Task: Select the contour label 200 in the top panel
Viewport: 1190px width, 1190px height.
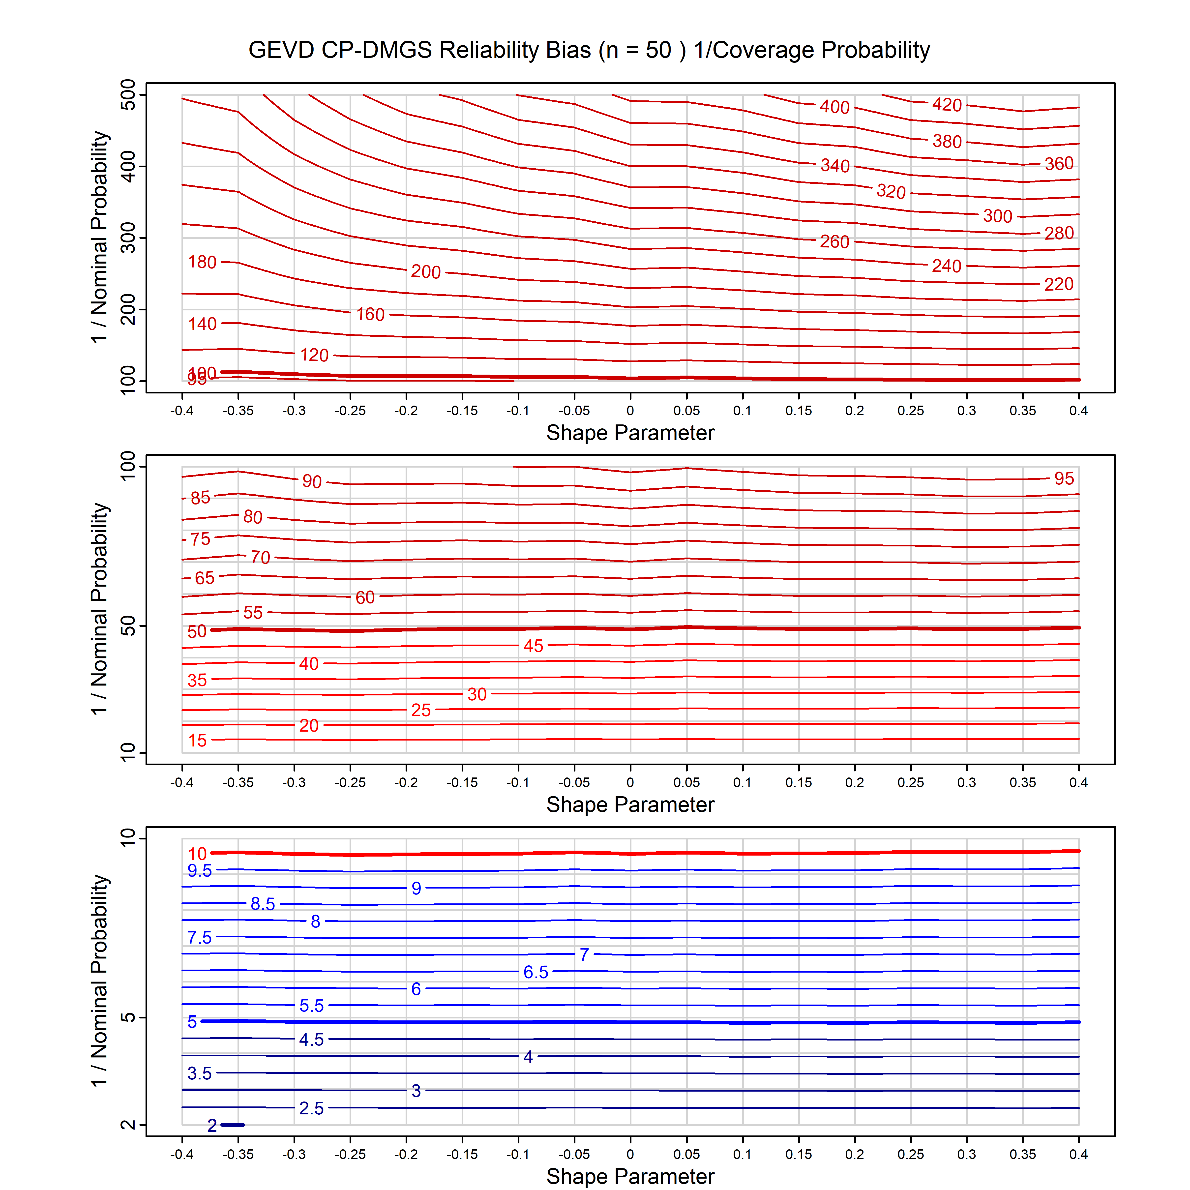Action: tap(426, 272)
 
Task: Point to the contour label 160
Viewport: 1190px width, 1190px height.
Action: tap(370, 315)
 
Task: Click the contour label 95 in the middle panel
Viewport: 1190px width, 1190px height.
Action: tap(1064, 478)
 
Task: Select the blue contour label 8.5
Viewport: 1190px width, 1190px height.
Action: tap(262, 904)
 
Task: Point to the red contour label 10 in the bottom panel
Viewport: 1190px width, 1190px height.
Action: tap(197, 854)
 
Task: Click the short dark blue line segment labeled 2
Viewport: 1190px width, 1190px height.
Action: tap(233, 1125)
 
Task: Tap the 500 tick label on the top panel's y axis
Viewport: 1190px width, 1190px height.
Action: tap(128, 95)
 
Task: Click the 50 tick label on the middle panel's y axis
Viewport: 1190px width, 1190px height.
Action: tap(128, 626)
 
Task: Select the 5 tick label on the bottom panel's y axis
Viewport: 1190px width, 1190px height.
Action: tap(128, 1017)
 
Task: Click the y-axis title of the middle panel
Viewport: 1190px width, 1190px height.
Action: tap(100, 609)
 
